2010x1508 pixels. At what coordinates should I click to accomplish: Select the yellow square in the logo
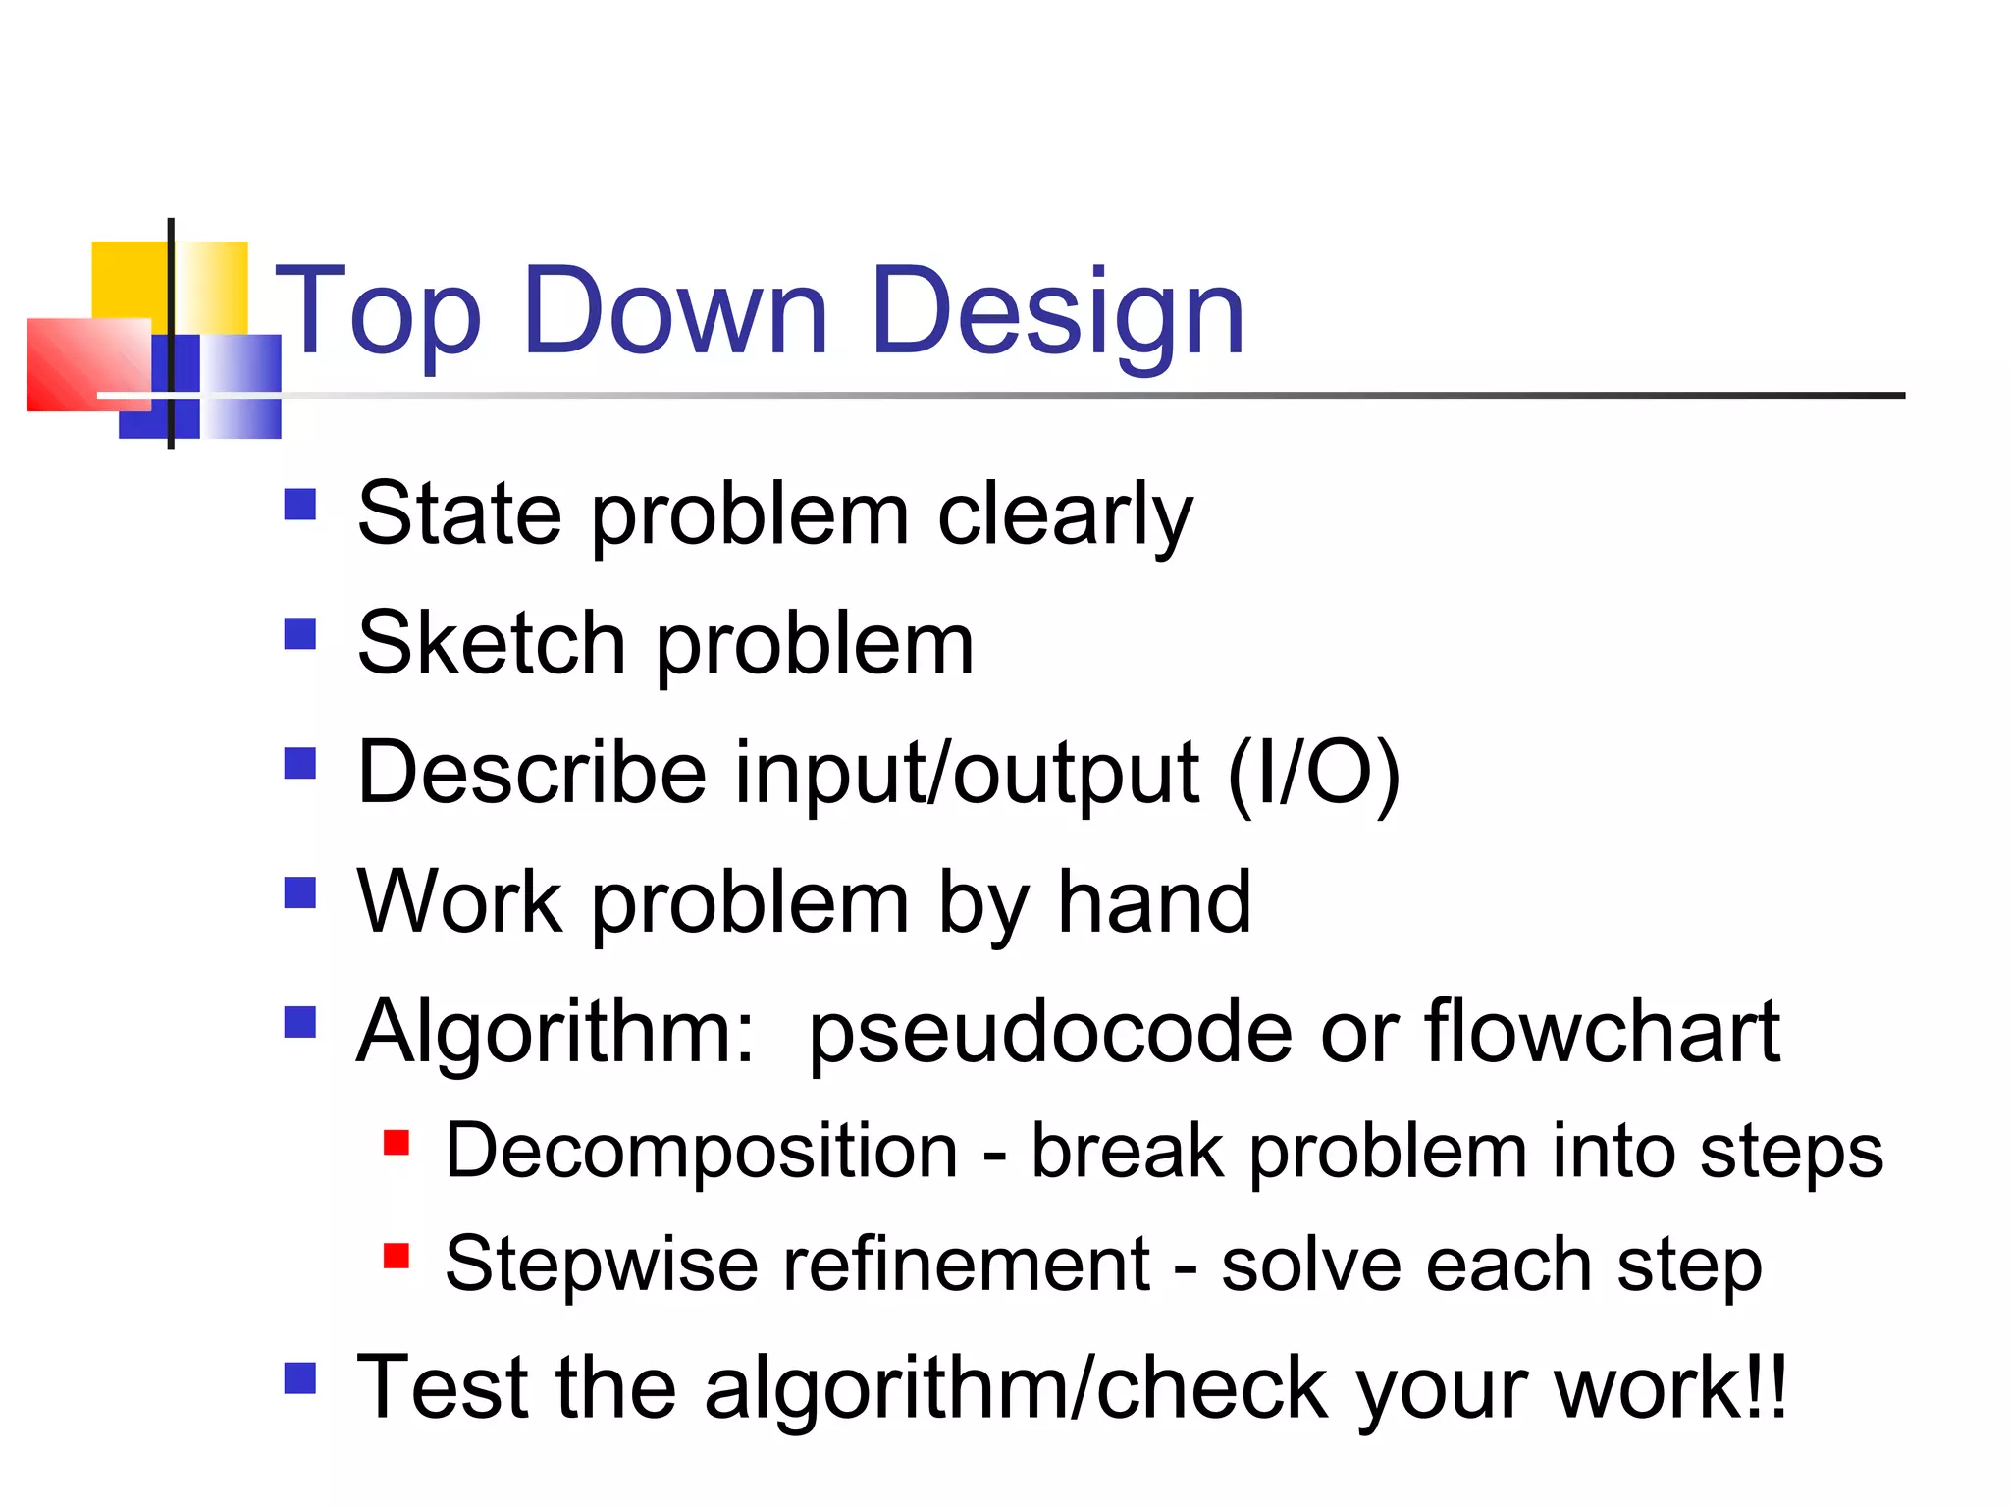[129, 279]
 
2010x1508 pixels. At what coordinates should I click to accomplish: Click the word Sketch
[492, 644]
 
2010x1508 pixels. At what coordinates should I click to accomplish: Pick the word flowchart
[1602, 1032]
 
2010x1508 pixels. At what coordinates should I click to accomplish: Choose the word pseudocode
[1050, 1034]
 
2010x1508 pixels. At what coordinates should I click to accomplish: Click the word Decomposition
[701, 1152]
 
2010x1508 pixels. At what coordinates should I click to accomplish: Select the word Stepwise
[601, 1265]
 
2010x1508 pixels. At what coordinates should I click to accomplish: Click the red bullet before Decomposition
[397, 1143]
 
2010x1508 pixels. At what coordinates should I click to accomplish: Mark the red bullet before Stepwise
[397, 1256]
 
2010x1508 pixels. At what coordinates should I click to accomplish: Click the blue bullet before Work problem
[300, 892]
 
